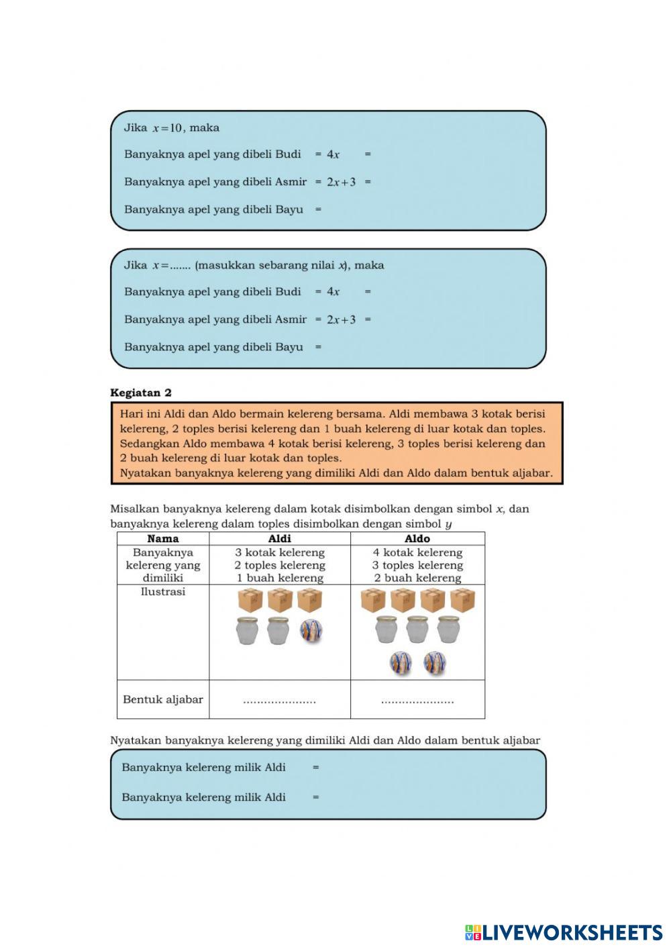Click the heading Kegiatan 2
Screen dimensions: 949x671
click(x=141, y=393)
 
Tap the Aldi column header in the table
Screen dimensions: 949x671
click(x=279, y=538)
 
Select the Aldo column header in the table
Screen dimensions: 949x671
click(x=417, y=538)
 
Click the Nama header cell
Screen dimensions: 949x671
click(x=163, y=538)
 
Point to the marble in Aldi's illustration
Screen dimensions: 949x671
click(x=311, y=630)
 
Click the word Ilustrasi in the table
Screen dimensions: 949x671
click(x=163, y=592)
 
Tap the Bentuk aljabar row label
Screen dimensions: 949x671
click(x=163, y=699)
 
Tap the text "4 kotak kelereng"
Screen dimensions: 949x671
click(x=417, y=552)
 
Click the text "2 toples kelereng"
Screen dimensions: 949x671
click(x=279, y=565)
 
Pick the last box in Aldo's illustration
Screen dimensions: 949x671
click(x=463, y=600)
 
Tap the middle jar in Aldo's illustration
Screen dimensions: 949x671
click(x=417, y=630)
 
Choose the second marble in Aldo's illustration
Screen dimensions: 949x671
click(x=435, y=663)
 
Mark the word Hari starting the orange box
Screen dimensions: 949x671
click(x=132, y=414)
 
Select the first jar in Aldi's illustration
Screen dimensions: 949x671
click(x=248, y=631)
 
